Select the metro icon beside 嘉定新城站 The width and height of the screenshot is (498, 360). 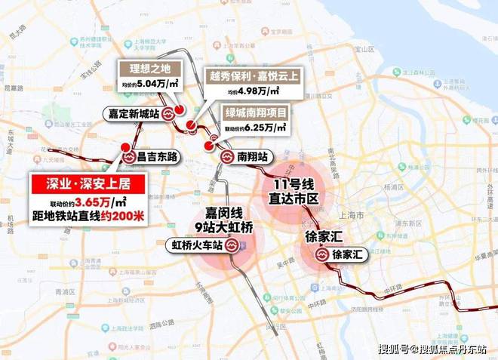[x=167, y=114]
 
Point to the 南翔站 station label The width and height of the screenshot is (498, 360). [x=253, y=158]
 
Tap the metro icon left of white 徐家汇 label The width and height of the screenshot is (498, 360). [x=321, y=254]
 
